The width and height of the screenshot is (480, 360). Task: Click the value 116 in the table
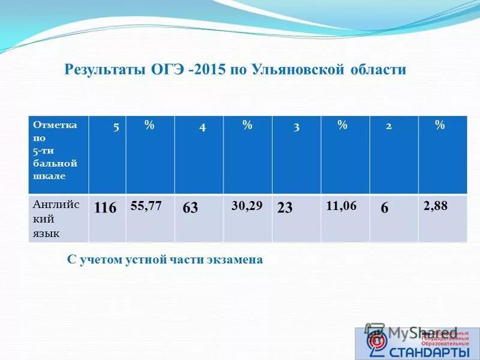[105, 208]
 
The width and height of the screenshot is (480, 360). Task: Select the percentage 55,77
[146, 206]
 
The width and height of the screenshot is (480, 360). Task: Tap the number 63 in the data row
[190, 208]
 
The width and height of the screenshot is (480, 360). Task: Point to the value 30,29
[247, 206]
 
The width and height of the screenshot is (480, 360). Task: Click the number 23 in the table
[285, 208]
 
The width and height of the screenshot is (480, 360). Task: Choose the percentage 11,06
[341, 206]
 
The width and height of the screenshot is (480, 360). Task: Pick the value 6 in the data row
[385, 208]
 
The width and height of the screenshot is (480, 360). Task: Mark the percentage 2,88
[435, 206]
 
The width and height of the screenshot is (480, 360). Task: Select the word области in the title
[379, 70]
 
